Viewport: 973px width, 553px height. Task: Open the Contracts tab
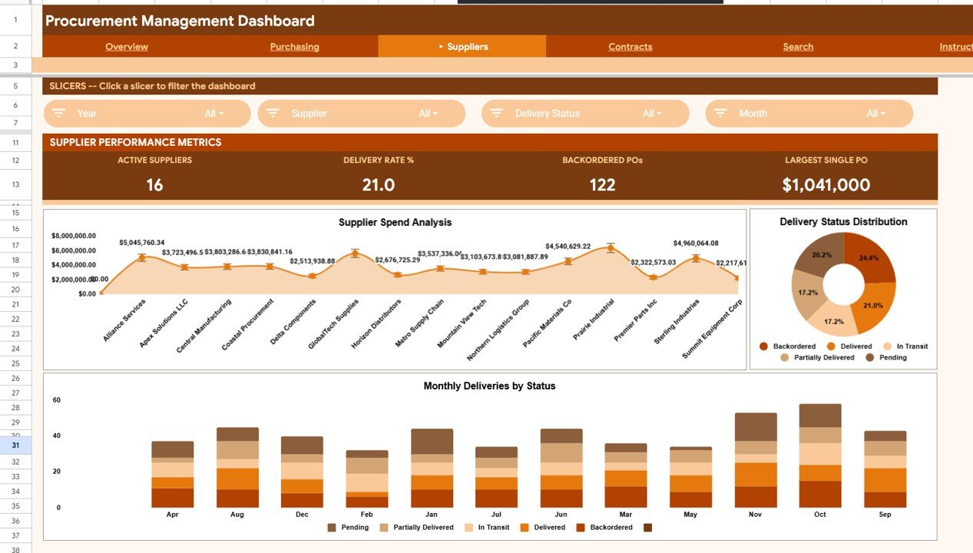pyautogui.click(x=630, y=47)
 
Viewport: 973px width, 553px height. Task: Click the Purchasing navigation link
pyautogui.click(x=294, y=47)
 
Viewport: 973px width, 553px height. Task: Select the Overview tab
pyautogui.click(x=127, y=47)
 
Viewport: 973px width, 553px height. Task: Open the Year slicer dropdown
pyautogui.click(x=147, y=114)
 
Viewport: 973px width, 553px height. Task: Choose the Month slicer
pyautogui.click(x=809, y=114)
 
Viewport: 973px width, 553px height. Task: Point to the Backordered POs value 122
pyautogui.click(x=602, y=185)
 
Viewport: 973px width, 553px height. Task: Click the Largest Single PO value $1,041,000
pyautogui.click(x=826, y=185)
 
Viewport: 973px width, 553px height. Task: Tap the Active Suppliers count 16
pyautogui.click(x=154, y=185)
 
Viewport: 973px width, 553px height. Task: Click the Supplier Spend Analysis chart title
pyautogui.click(x=395, y=223)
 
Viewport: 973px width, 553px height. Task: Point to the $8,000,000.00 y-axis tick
pyautogui.click(x=74, y=236)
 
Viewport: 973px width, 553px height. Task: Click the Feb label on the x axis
pyautogui.click(x=366, y=515)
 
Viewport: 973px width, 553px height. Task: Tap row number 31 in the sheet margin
pyautogui.click(x=16, y=445)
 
